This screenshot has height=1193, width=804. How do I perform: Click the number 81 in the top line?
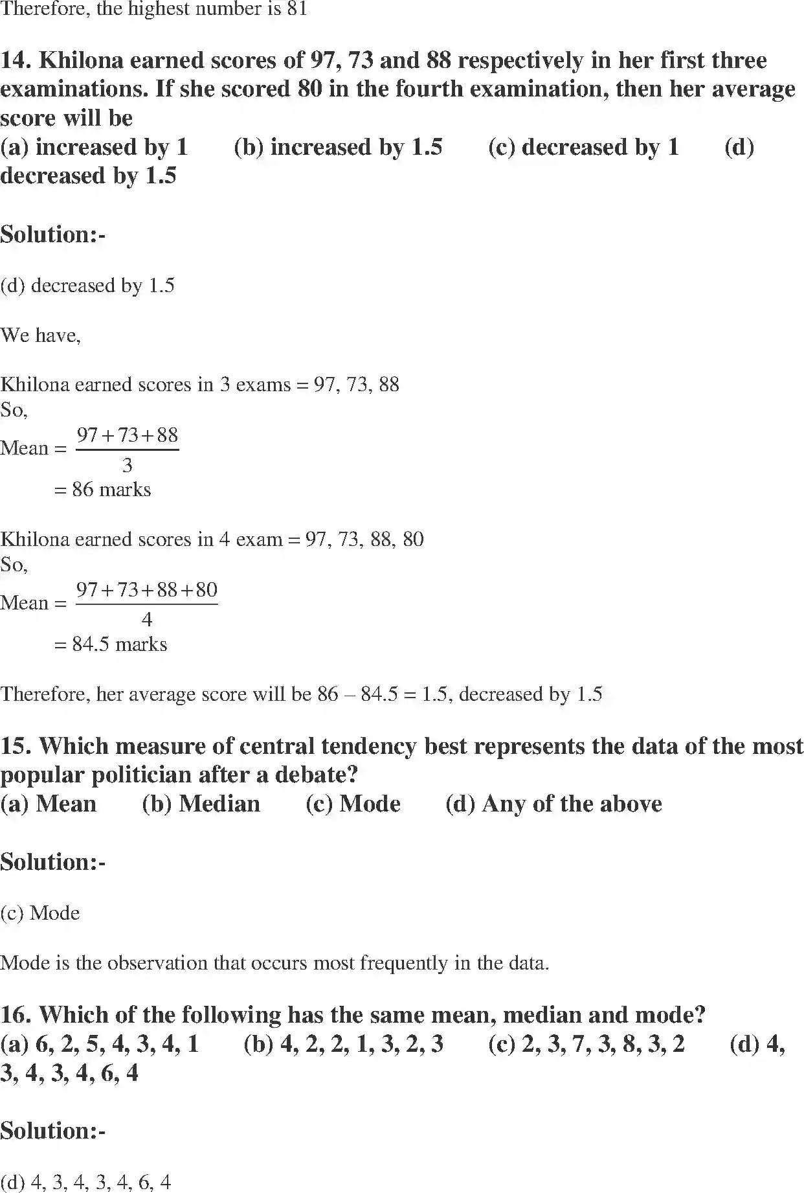click(x=297, y=9)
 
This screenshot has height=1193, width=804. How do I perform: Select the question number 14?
click(x=16, y=60)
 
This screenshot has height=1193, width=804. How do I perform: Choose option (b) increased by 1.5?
click(x=338, y=147)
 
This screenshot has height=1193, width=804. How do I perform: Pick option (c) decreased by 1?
click(x=583, y=147)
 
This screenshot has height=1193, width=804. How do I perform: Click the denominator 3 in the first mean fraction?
click(x=128, y=465)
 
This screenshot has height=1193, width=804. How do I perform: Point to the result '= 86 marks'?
click(x=102, y=490)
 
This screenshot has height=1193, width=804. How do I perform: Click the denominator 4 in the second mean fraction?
click(x=147, y=620)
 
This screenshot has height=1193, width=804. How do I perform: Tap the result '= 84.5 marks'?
click(x=111, y=644)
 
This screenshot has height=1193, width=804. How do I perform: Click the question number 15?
click(x=16, y=746)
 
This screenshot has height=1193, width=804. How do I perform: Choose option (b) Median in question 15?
click(x=201, y=804)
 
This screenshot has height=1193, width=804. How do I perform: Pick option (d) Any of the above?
click(x=553, y=804)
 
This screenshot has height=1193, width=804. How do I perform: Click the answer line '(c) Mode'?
click(x=40, y=913)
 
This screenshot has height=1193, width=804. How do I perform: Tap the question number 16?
click(x=16, y=1014)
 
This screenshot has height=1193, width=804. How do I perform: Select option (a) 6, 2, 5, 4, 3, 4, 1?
click(x=100, y=1043)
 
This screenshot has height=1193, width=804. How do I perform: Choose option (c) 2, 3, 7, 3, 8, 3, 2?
click(x=586, y=1043)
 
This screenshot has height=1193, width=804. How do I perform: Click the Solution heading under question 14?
click(x=52, y=234)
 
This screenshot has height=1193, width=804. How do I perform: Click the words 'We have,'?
click(x=40, y=335)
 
